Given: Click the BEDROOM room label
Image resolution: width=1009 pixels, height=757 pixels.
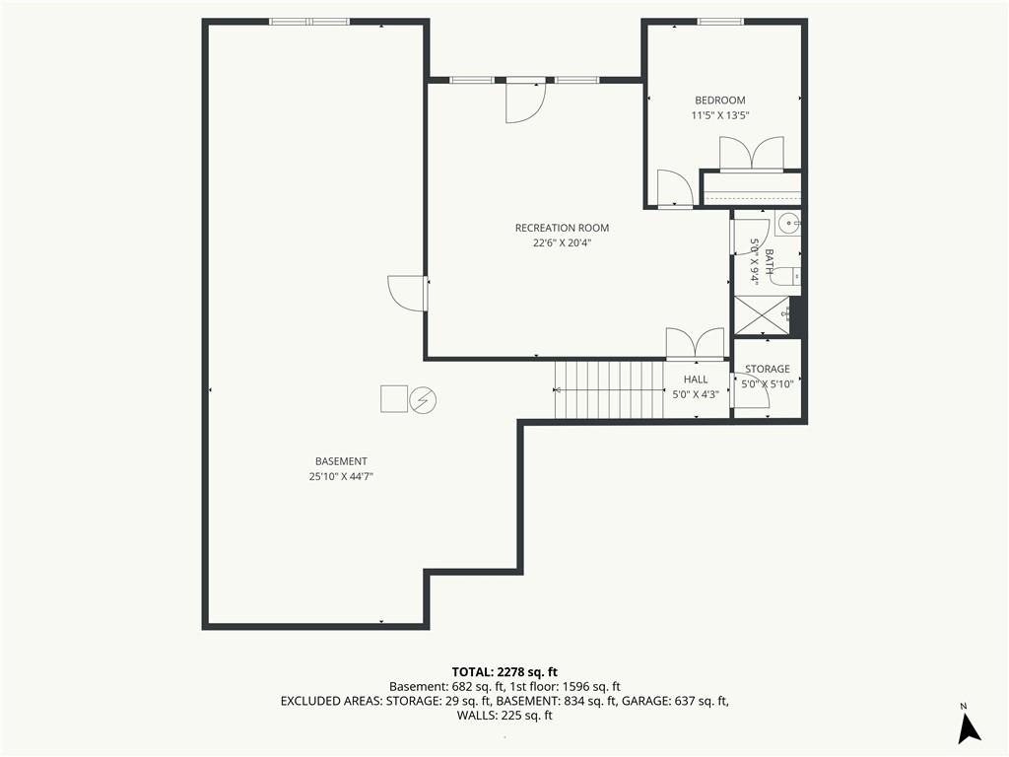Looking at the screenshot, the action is pyautogui.click(x=720, y=101).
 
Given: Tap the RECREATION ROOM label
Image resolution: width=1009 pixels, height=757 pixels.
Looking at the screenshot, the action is pyautogui.click(x=562, y=228).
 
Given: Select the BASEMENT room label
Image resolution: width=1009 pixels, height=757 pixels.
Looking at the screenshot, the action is pyautogui.click(x=341, y=461).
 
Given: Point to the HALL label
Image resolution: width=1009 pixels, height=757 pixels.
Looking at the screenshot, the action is pyautogui.click(x=696, y=379).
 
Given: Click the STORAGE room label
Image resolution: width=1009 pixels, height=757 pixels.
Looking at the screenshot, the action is pyautogui.click(x=767, y=369).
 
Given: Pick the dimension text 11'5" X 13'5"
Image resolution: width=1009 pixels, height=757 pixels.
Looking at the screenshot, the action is pyautogui.click(x=720, y=116).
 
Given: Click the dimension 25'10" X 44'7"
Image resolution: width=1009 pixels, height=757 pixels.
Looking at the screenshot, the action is pyautogui.click(x=341, y=477).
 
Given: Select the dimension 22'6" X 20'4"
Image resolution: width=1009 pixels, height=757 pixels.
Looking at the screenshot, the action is pyautogui.click(x=562, y=243).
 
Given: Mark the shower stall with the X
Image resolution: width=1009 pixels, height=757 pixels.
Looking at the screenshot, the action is pyautogui.click(x=762, y=315).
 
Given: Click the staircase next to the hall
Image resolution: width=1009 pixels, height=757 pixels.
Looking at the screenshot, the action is pyautogui.click(x=609, y=389).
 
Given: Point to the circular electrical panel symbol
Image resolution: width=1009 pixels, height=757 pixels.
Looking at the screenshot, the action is pyautogui.click(x=423, y=400).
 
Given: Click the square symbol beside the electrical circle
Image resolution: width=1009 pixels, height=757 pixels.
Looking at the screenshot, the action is pyautogui.click(x=394, y=398).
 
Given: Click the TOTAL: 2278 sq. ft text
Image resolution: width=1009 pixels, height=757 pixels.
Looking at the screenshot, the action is pyautogui.click(x=504, y=672).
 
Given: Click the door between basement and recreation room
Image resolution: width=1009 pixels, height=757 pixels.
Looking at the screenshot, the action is pyautogui.click(x=408, y=294).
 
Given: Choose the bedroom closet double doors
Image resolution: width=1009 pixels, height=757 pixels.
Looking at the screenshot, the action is pyautogui.click(x=752, y=154).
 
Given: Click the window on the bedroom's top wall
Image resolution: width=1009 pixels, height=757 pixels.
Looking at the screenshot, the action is pyautogui.click(x=720, y=22).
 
